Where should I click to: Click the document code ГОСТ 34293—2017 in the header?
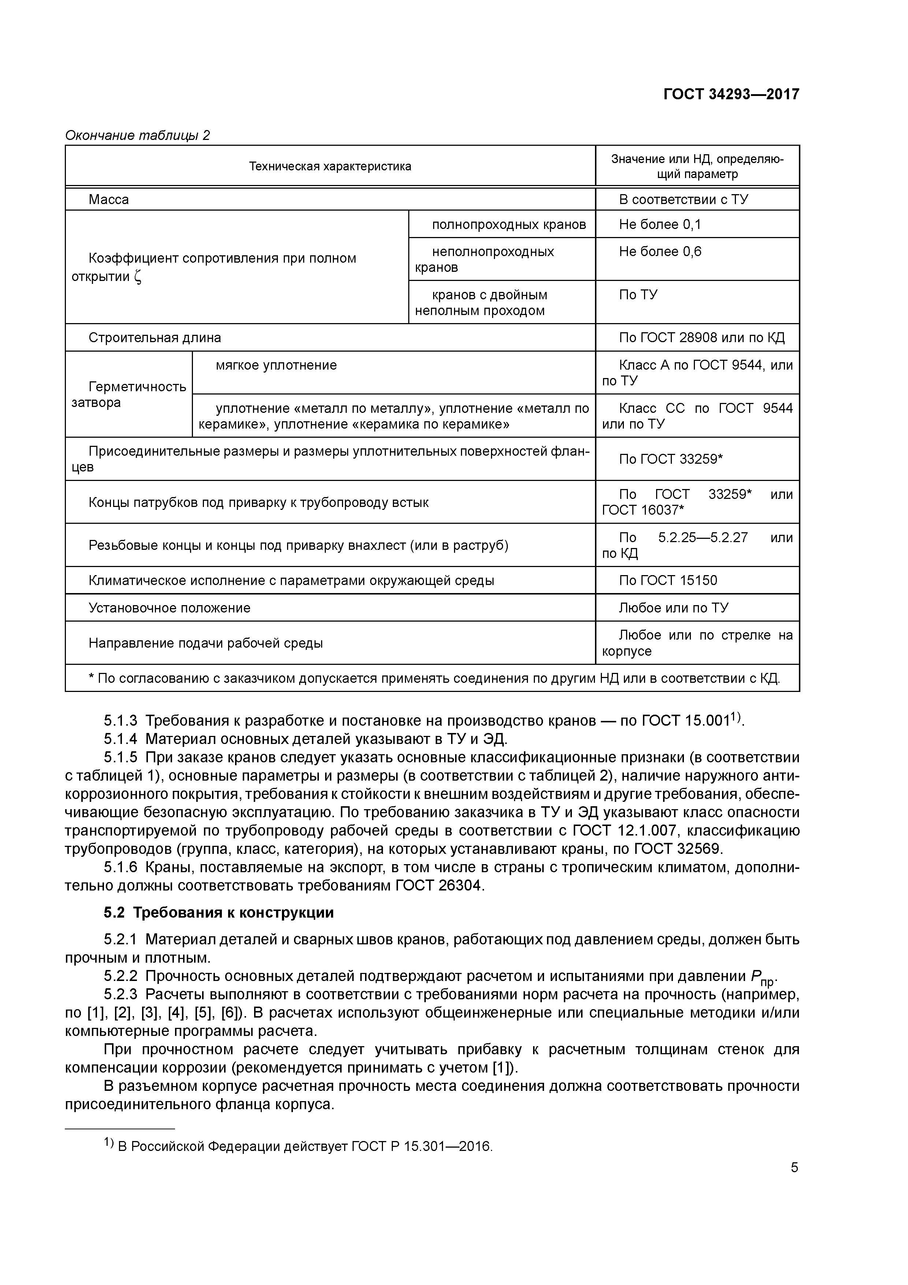(731, 94)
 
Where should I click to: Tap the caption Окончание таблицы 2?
(138, 136)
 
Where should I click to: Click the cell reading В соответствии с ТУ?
(683, 200)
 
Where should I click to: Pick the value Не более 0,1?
(660, 225)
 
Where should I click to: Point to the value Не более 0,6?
(660, 252)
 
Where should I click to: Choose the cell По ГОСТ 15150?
(667, 580)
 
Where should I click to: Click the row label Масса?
(108, 200)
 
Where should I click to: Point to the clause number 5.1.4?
(120, 739)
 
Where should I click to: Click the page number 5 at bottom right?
(794, 1167)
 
